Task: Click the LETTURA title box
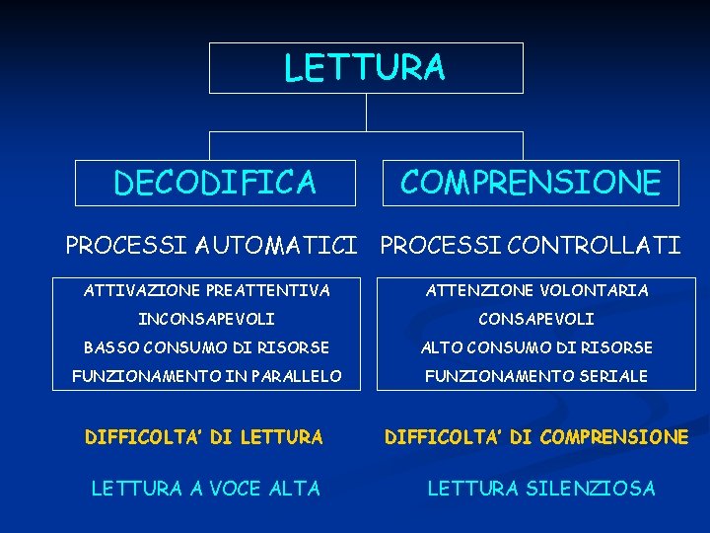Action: click(365, 68)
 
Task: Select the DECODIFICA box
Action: click(215, 183)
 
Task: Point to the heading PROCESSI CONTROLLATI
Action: click(531, 245)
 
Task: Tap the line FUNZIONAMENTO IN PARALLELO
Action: click(207, 376)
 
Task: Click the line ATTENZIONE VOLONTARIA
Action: click(536, 290)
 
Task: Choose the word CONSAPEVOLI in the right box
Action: click(536, 319)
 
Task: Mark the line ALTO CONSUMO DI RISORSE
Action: click(536, 347)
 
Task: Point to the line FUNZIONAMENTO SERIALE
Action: click(536, 376)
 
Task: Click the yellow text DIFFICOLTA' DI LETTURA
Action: click(204, 436)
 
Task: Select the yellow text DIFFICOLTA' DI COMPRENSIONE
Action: click(536, 436)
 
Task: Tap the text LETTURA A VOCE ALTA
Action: click(205, 488)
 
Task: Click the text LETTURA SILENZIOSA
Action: click(540, 488)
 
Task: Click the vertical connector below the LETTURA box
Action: click(366, 112)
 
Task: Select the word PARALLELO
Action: click(295, 376)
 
